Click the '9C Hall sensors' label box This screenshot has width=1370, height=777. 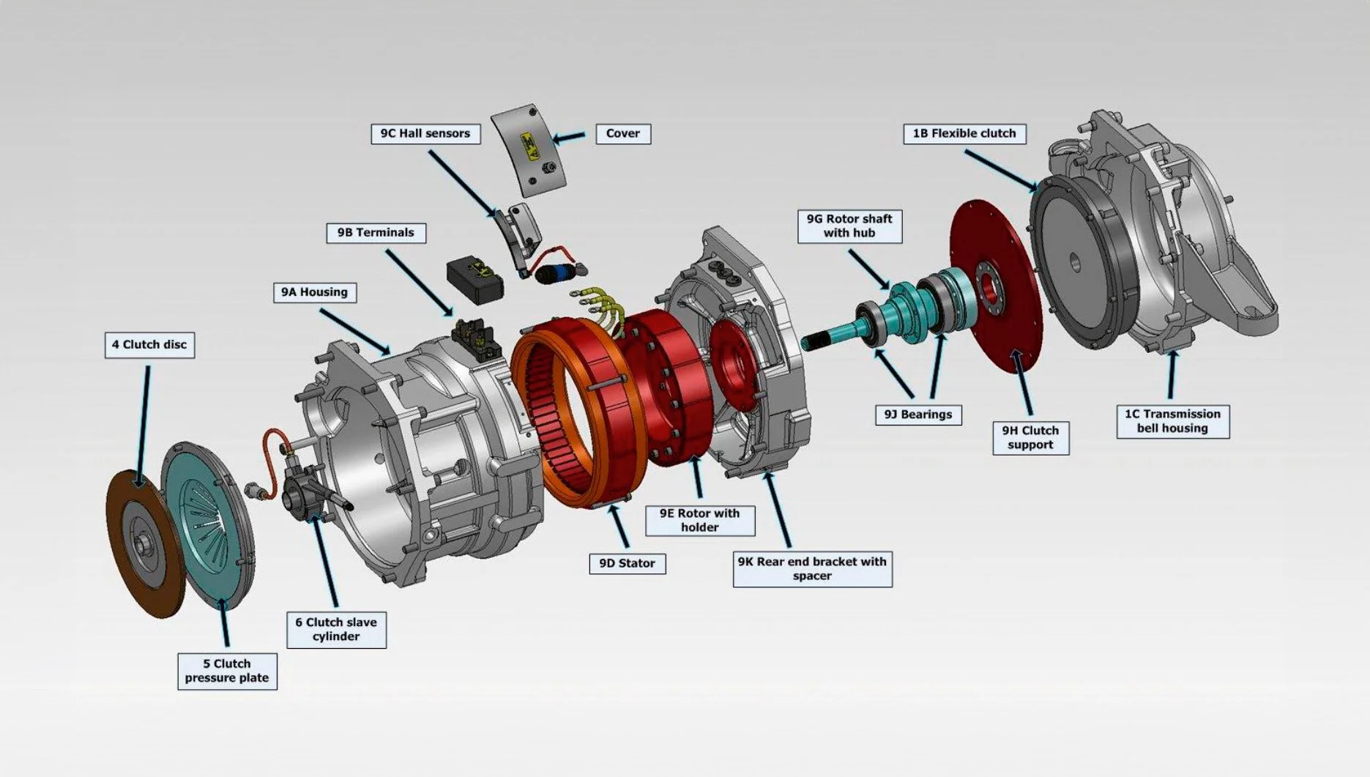pyautogui.click(x=425, y=133)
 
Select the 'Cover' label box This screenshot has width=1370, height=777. pyautogui.click(x=622, y=133)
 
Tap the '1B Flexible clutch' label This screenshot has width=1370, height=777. pyautogui.click(x=964, y=133)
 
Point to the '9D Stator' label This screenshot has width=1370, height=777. pyautogui.click(x=627, y=563)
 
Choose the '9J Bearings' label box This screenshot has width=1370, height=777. pyautogui.click(x=917, y=414)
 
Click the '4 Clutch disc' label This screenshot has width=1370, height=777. pyautogui.click(x=149, y=344)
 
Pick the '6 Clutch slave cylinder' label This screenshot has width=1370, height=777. pyautogui.click(x=336, y=629)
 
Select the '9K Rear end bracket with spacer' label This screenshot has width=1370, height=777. pyautogui.click(x=812, y=568)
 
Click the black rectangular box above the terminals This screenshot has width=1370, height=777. pyautogui.click(x=475, y=279)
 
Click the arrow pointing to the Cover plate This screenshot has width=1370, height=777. pyautogui.click(x=569, y=136)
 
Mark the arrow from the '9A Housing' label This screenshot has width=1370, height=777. pyautogui.click(x=354, y=331)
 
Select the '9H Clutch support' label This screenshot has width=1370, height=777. pyautogui.click(x=1030, y=437)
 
